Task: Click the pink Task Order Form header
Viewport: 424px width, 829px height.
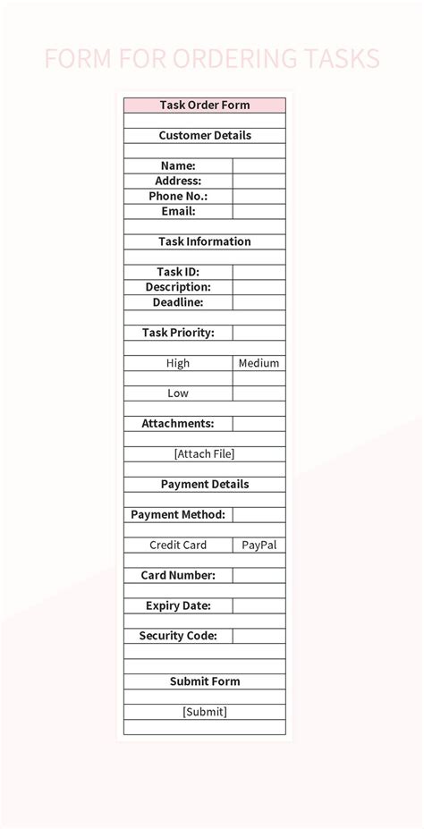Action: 205,105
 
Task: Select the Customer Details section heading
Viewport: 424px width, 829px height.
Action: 205,135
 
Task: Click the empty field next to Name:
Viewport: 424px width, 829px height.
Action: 259,165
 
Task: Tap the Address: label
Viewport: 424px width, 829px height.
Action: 178,181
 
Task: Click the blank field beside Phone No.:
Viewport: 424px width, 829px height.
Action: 259,196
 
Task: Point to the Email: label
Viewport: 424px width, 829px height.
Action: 178,211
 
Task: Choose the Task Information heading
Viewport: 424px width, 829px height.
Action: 205,241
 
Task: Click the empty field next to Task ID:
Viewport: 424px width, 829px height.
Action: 259,272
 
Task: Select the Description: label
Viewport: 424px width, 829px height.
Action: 178,287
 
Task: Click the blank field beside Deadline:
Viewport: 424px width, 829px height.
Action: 259,302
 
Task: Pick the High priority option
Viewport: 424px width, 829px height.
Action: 178,363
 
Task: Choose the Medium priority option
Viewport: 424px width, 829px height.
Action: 259,363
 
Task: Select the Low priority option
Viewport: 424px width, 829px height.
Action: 178,393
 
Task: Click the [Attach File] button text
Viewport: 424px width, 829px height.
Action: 205,453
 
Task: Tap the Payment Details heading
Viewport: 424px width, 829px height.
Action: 205,484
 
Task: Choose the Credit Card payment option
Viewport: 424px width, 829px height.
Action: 178,545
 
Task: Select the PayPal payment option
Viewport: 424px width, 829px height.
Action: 259,545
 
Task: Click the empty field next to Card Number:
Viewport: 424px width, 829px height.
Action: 259,575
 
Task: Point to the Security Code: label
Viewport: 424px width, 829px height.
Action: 178,636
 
